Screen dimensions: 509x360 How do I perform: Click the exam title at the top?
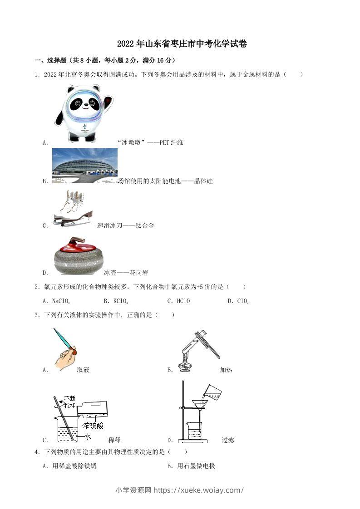click(182, 44)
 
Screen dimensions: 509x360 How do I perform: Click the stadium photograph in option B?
click(85, 166)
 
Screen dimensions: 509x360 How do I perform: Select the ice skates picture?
click(73, 208)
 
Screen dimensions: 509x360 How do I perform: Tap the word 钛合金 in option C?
click(145, 225)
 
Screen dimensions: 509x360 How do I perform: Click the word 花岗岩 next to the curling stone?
click(138, 273)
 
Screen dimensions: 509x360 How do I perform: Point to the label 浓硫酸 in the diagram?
click(93, 426)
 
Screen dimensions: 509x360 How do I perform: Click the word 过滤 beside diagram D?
click(227, 440)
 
